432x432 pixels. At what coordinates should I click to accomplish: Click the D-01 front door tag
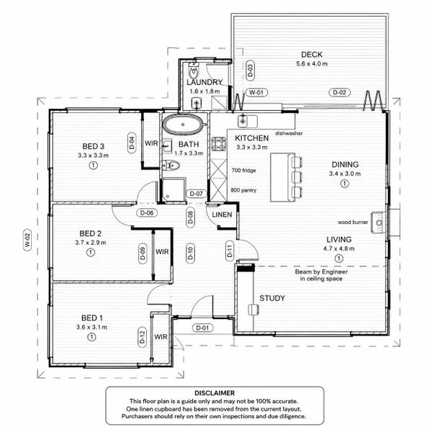(x=202, y=328)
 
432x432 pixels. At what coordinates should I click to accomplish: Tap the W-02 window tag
(x=27, y=240)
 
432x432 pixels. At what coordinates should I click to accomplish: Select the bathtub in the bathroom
(x=183, y=125)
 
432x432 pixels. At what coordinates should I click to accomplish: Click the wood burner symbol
(x=379, y=222)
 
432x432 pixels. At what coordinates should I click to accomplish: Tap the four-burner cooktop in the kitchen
(x=218, y=144)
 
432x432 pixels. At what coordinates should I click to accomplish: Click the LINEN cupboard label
(x=222, y=215)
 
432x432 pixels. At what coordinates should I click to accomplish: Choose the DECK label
(x=312, y=55)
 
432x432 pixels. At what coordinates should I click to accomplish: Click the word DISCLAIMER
(x=215, y=393)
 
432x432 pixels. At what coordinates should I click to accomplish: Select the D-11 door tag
(x=230, y=251)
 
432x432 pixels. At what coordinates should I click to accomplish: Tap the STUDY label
(x=272, y=298)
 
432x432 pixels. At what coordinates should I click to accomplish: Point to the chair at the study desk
(x=253, y=310)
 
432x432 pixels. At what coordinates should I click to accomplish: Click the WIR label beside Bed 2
(x=162, y=251)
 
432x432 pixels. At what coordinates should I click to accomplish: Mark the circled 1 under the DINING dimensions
(x=344, y=184)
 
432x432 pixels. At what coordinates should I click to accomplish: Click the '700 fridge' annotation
(x=243, y=170)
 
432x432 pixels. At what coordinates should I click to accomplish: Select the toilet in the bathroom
(x=171, y=166)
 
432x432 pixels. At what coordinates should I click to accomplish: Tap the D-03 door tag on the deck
(x=250, y=71)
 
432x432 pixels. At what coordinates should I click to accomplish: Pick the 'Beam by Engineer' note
(x=321, y=271)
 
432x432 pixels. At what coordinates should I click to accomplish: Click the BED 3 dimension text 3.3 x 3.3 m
(x=93, y=156)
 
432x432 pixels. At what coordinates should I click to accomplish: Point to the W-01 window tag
(x=256, y=92)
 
